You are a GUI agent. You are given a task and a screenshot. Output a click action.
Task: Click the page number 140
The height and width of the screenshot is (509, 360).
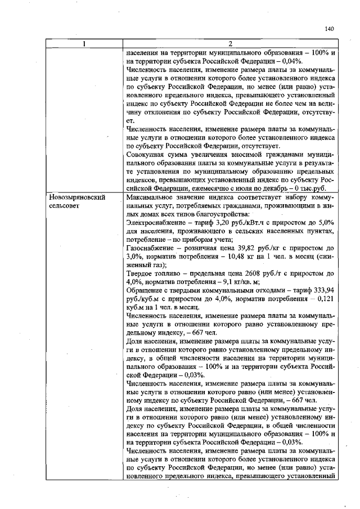click(x=330, y=29)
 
